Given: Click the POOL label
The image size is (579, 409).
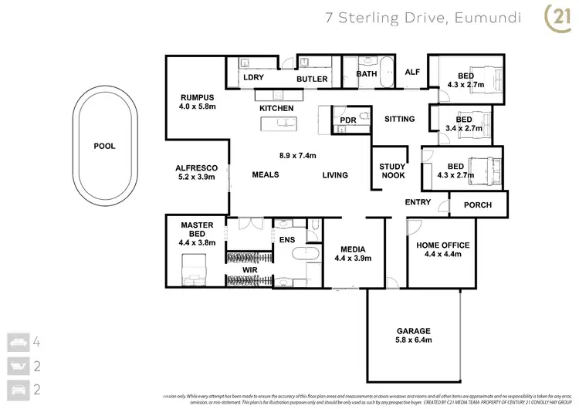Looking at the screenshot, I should tap(104, 146).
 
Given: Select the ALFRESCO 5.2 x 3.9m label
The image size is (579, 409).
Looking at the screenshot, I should tap(196, 172).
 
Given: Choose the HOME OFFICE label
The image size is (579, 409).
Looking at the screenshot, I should tap(442, 250).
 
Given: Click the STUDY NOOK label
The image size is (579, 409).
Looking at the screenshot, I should tap(393, 171).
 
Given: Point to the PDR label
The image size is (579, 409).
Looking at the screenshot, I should tap(347, 120).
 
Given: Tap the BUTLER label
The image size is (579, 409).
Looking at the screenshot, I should tap(313, 79).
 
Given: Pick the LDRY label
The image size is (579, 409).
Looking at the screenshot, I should tap(254, 79).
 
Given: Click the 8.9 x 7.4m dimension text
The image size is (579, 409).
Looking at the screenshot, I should tap(298, 155).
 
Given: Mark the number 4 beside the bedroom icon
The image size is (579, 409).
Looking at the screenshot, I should tap(36, 340).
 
